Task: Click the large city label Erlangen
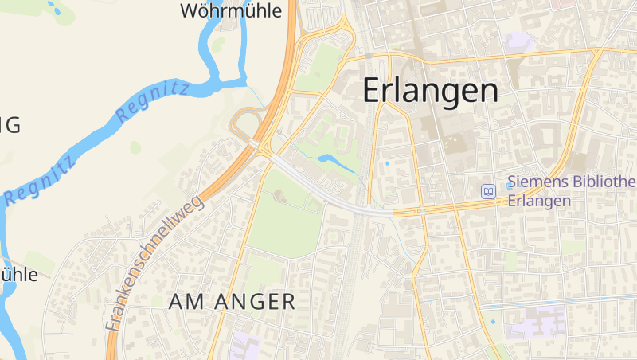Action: tap(431, 91)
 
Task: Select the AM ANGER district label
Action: tap(233, 301)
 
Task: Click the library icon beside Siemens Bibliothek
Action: tap(488, 191)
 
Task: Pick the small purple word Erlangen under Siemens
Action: tap(539, 201)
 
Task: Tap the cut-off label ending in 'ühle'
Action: tap(19, 275)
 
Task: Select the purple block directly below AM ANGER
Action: tap(247, 346)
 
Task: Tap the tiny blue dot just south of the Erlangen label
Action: tap(387, 164)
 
